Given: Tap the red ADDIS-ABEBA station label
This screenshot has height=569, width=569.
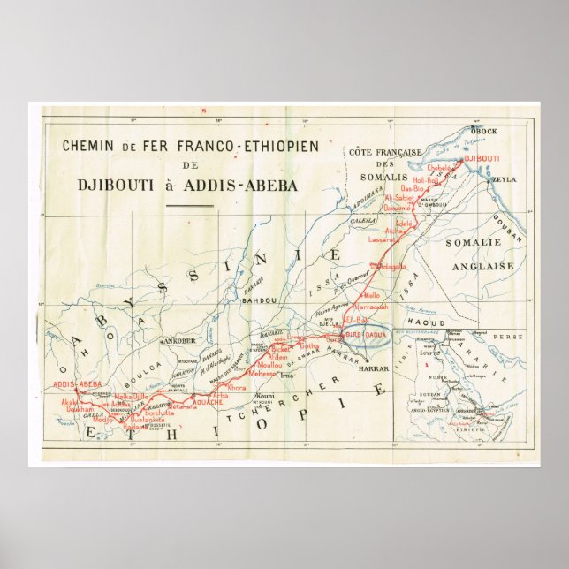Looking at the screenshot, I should (78, 384).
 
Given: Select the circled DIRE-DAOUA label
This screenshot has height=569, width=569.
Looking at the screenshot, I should (365, 337).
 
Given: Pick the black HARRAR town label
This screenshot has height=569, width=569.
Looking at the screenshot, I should (374, 368).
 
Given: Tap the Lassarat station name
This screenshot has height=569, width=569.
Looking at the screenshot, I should (385, 239).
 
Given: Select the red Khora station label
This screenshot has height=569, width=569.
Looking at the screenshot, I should (237, 388).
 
